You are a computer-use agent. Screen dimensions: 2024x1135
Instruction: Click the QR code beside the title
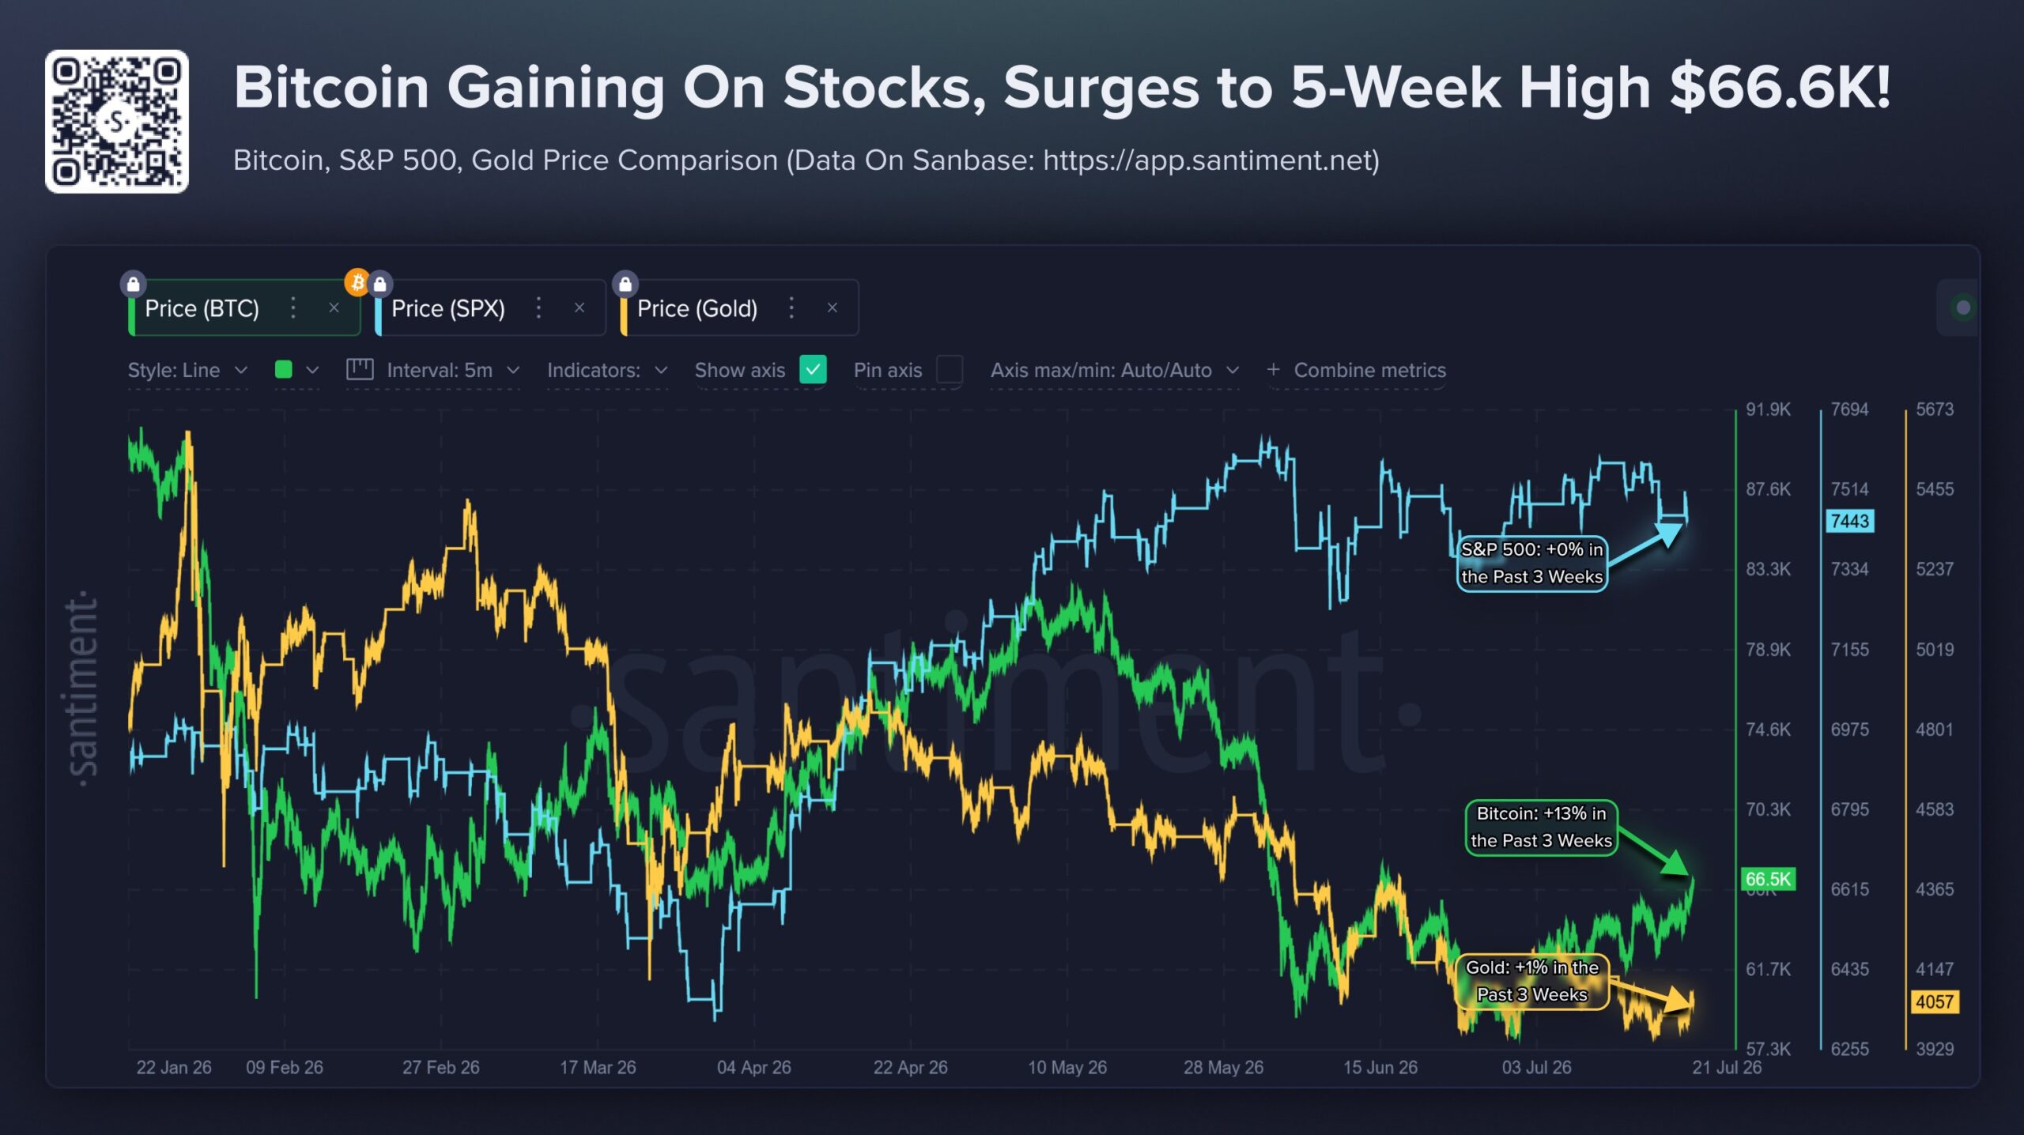[116, 122]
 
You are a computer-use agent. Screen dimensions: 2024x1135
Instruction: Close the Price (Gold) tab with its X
[832, 307]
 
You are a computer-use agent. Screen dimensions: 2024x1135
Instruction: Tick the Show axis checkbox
[813, 369]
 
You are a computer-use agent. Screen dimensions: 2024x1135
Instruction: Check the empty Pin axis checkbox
[949, 369]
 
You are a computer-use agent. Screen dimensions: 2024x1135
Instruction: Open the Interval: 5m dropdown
[434, 370]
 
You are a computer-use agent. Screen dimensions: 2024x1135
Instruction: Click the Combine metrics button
[1357, 370]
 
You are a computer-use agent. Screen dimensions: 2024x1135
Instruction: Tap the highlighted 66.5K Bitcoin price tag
[1768, 879]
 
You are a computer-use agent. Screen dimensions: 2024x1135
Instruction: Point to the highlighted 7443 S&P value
[1850, 521]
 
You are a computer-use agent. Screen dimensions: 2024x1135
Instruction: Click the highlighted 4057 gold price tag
[1935, 1001]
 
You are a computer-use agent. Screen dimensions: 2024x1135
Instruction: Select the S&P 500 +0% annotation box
[1531, 563]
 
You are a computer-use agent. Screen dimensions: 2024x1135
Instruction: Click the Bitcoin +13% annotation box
[1541, 827]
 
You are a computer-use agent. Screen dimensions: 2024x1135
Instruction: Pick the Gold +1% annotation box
[1532, 981]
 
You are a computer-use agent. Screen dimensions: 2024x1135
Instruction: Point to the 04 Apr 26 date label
[753, 1067]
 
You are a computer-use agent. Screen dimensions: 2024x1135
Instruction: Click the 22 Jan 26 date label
[174, 1067]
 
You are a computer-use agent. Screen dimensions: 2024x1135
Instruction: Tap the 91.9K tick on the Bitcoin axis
[1768, 409]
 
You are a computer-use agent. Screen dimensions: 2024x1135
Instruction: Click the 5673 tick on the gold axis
[1934, 409]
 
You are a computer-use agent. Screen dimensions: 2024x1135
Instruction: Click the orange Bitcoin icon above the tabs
[357, 281]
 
